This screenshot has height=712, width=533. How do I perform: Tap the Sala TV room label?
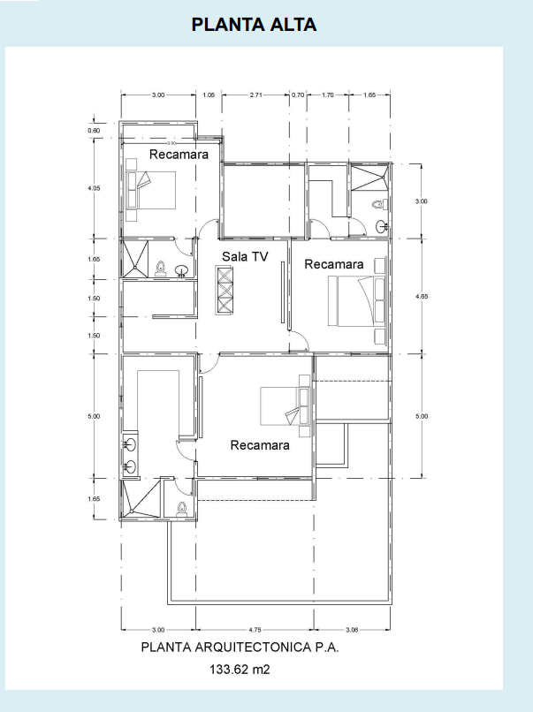pos(245,256)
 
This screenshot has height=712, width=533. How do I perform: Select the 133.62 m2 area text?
pos(240,669)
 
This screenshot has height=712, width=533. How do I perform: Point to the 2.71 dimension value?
pos(255,95)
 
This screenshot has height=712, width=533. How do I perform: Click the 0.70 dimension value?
pos(298,95)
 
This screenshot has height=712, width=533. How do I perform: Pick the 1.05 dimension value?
pos(209,95)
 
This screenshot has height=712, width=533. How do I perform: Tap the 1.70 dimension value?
pos(328,95)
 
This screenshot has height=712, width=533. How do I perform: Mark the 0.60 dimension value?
pos(94,131)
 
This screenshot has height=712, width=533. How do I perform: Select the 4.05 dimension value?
pos(94,188)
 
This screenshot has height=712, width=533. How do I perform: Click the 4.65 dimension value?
pos(422,297)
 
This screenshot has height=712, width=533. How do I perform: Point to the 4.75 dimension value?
pos(255,630)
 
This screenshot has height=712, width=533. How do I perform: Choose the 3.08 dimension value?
pos(352,630)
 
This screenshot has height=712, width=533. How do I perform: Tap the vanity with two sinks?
pos(131,454)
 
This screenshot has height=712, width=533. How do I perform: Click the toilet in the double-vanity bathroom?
pos(182,508)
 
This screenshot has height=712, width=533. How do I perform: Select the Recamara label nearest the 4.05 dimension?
pos(179,155)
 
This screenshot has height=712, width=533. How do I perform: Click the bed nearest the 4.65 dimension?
pos(357,301)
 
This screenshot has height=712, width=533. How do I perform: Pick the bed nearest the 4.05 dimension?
pos(151,190)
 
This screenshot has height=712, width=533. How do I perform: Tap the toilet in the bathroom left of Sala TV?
pos(160,269)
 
